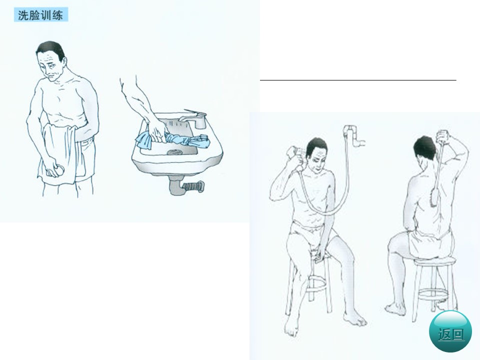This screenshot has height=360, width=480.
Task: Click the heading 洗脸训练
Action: tap(40, 15)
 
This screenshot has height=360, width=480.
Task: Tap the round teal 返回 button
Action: tap(450, 331)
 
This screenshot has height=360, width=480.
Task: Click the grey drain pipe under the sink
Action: tap(185, 185)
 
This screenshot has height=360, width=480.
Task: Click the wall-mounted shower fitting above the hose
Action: tap(354, 134)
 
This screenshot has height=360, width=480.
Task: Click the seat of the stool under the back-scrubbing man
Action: tap(434, 261)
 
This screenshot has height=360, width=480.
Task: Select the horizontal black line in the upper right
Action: tap(358, 80)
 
